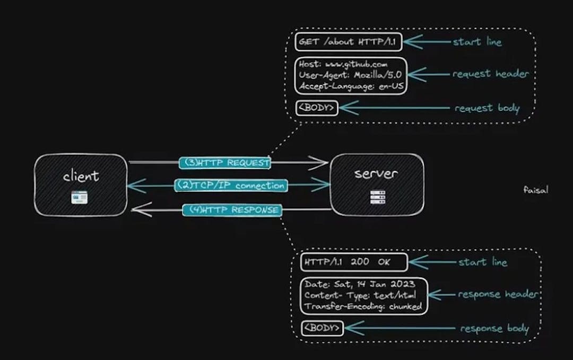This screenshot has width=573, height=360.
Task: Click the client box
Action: click(x=81, y=184)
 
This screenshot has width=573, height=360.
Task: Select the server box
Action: click(x=377, y=184)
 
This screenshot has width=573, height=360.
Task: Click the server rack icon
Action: click(x=377, y=198)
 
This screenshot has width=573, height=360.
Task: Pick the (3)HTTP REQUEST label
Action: click(x=225, y=163)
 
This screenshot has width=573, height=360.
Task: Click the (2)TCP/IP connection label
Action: click(x=230, y=186)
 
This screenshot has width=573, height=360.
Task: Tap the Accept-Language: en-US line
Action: click(x=351, y=85)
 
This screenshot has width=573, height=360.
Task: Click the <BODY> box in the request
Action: click(x=317, y=108)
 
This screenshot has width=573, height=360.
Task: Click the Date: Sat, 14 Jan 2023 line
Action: click(x=360, y=285)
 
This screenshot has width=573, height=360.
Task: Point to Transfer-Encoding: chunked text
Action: click(x=363, y=306)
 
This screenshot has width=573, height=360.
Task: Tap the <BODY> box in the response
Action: click(x=322, y=328)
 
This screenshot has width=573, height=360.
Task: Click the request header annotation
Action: click(x=490, y=74)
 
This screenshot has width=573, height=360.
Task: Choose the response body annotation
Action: click(x=494, y=329)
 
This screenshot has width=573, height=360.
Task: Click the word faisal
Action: click(x=535, y=189)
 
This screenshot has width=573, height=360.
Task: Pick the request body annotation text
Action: click(x=487, y=108)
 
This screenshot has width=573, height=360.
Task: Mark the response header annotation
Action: click(x=498, y=294)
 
